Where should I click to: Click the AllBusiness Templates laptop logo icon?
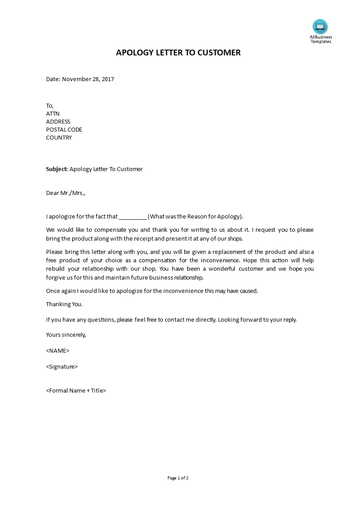(x=320, y=27)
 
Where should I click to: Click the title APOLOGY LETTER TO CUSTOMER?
(x=178, y=53)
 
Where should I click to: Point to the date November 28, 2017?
(x=88, y=79)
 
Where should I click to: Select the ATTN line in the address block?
(x=53, y=113)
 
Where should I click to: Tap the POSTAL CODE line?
(x=64, y=129)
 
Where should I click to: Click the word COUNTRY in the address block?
(x=59, y=137)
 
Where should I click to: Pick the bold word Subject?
(x=57, y=169)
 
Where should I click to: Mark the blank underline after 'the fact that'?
(x=133, y=217)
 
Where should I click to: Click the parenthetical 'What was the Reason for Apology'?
(x=195, y=217)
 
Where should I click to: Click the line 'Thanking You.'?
(x=64, y=304)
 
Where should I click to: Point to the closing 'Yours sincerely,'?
(x=66, y=335)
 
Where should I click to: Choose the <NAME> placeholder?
(x=58, y=350)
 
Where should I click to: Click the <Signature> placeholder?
(x=62, y=366)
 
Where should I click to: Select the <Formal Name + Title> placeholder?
(x=76, y=390)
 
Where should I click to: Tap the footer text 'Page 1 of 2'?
(x=178, y=478)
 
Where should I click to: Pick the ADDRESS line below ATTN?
(x=58, y=121)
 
